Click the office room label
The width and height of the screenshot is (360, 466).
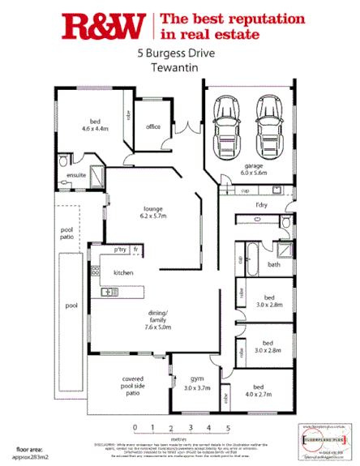click(x=153, y=127)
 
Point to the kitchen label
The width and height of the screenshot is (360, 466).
click(x=123, y=273)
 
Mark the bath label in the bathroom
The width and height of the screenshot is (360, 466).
click(x=274, y=265)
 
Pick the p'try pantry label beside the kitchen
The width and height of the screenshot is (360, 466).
click(x=120, y=249)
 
